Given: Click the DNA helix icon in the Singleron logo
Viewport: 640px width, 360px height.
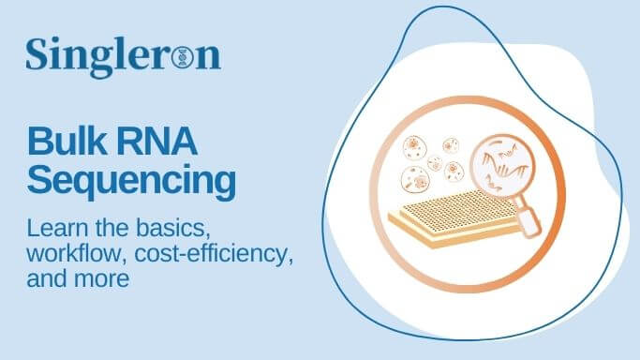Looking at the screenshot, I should click(x=182, y=58).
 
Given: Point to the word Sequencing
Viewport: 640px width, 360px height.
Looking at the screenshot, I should click(x=131, y=180).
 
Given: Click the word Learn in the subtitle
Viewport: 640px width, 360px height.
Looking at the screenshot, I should click(x=53, y=228).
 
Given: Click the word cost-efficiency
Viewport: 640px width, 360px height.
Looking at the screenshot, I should click(x=211, y=253).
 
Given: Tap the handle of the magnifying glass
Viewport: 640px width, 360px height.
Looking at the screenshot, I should click(x=530, y=220).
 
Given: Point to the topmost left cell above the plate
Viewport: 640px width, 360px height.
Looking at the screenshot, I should click(x=414, y=146).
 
